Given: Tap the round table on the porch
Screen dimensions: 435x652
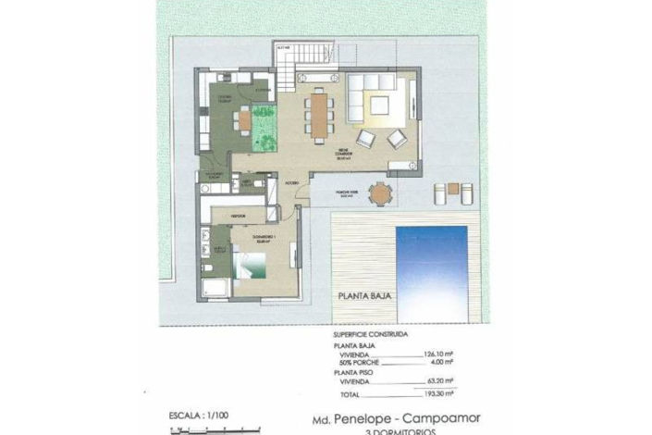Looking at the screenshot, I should click(x=379, y=195).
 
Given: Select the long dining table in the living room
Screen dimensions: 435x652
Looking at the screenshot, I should click(x=319, y=116).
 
